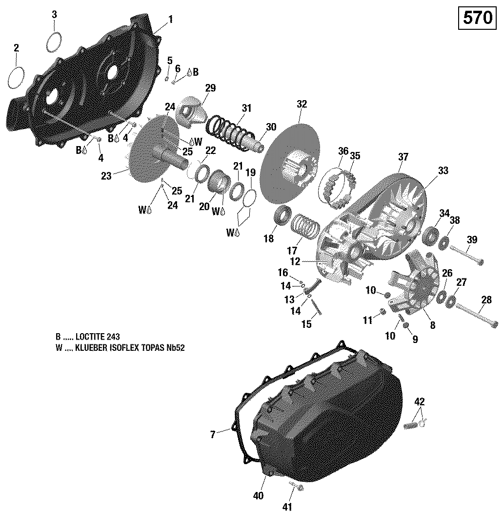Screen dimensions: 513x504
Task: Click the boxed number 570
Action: [x=477, y=18]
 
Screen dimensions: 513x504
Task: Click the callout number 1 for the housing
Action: [x=170, y=19]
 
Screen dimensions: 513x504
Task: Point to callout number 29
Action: [x=210, y=88]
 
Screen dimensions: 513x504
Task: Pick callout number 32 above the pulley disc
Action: [x=302, y=104]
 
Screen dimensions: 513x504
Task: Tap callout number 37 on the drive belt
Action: [x=403, y=157]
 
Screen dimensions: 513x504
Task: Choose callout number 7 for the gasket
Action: [x=213, y=434]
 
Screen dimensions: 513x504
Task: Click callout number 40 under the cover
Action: [x=259, y=495]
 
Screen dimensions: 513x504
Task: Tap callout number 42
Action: [x=420, y=402]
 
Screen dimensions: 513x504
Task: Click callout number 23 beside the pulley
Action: [x=106, y=176]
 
